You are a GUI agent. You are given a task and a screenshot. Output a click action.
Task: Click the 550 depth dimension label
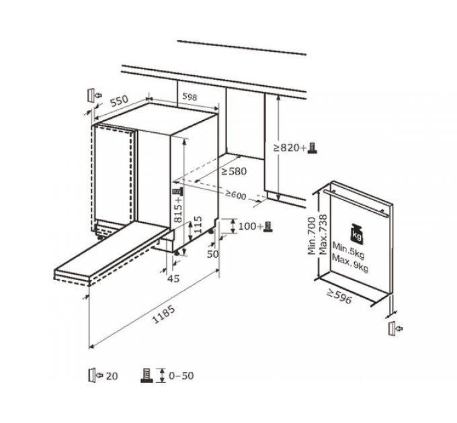120,101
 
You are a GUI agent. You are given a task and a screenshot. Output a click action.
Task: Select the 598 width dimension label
190,97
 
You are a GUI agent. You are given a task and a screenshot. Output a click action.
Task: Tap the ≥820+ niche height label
290,148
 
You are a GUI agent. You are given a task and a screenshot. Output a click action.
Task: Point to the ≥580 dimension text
234,171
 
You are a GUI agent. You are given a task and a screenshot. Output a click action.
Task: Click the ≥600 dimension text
235,195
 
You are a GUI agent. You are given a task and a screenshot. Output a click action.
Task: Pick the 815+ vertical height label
178,209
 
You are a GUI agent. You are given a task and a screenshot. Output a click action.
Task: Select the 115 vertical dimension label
198,224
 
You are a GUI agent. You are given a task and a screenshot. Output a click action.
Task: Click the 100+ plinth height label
251,226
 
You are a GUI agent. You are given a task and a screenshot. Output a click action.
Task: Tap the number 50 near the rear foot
212,254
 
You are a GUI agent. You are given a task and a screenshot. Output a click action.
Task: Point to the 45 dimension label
173,279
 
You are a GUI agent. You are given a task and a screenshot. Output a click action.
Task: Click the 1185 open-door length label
164,314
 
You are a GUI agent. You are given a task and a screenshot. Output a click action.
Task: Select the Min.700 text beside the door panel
312,236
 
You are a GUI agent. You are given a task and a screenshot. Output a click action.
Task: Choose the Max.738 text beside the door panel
323,234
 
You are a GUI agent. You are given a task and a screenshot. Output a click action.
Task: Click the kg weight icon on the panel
357,233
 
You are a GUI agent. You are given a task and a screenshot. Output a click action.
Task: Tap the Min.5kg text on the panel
349,250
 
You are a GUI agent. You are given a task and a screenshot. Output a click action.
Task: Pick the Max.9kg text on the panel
350,263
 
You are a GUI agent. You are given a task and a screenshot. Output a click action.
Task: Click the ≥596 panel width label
340,295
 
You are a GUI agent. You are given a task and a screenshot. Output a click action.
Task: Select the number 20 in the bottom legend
112,376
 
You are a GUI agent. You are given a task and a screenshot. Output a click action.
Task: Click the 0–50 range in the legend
181,375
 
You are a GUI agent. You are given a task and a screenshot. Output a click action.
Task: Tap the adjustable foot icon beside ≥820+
313,148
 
